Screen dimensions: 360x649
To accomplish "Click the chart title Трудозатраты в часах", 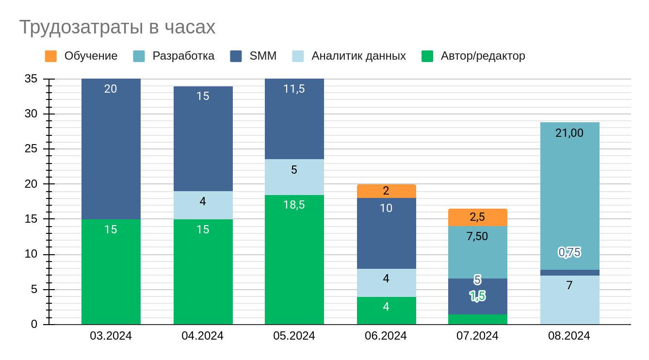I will pos(117,27).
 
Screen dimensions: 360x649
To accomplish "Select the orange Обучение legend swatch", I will pos(51,56).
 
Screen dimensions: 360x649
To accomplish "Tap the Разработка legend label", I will pos(183,56).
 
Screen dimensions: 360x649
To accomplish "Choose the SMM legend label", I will pos(263,56).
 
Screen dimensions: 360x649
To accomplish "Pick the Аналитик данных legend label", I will pos(358,56).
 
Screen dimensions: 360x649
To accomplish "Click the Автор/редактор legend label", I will pos(483,56).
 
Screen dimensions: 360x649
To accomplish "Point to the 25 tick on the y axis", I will pos(31,149).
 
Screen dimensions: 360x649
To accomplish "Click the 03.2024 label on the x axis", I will pos(111,336).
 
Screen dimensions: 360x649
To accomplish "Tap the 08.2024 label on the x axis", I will pos(569,336).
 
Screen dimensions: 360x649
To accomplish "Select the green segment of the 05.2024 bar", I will pos(294,260).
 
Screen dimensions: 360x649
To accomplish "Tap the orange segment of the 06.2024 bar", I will pos(387,191).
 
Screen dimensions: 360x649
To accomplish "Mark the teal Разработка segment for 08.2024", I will pos(570,194).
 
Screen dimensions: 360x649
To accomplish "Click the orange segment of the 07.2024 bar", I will pos(478,217).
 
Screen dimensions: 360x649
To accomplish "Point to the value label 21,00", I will pos(569,133).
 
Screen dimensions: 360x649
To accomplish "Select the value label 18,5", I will pos(294,205).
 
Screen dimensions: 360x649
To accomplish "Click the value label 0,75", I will pos(569,252).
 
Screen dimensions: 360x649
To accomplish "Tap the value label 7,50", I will pos(477,236).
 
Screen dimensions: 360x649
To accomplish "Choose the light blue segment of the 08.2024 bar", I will pos(570,300).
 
